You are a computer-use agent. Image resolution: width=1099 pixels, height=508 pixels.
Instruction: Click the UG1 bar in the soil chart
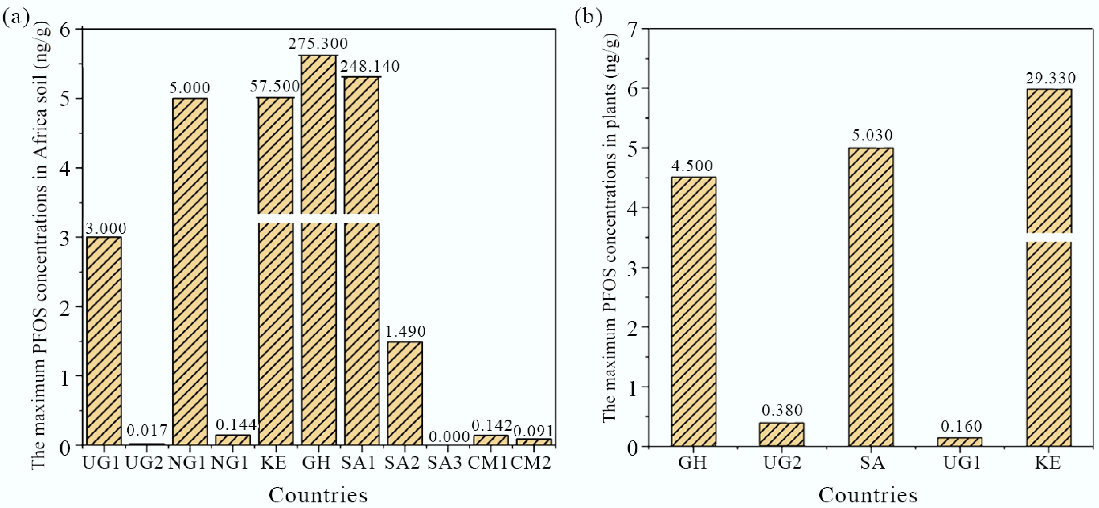(104, 341)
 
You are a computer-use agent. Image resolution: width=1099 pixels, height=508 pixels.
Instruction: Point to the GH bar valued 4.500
(693, 311)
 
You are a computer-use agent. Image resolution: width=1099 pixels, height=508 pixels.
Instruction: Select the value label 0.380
(782, 410)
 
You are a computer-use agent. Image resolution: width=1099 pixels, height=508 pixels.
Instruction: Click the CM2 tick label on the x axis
(531, 463)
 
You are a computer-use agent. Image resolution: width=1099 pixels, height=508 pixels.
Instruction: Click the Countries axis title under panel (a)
(318, 495)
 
